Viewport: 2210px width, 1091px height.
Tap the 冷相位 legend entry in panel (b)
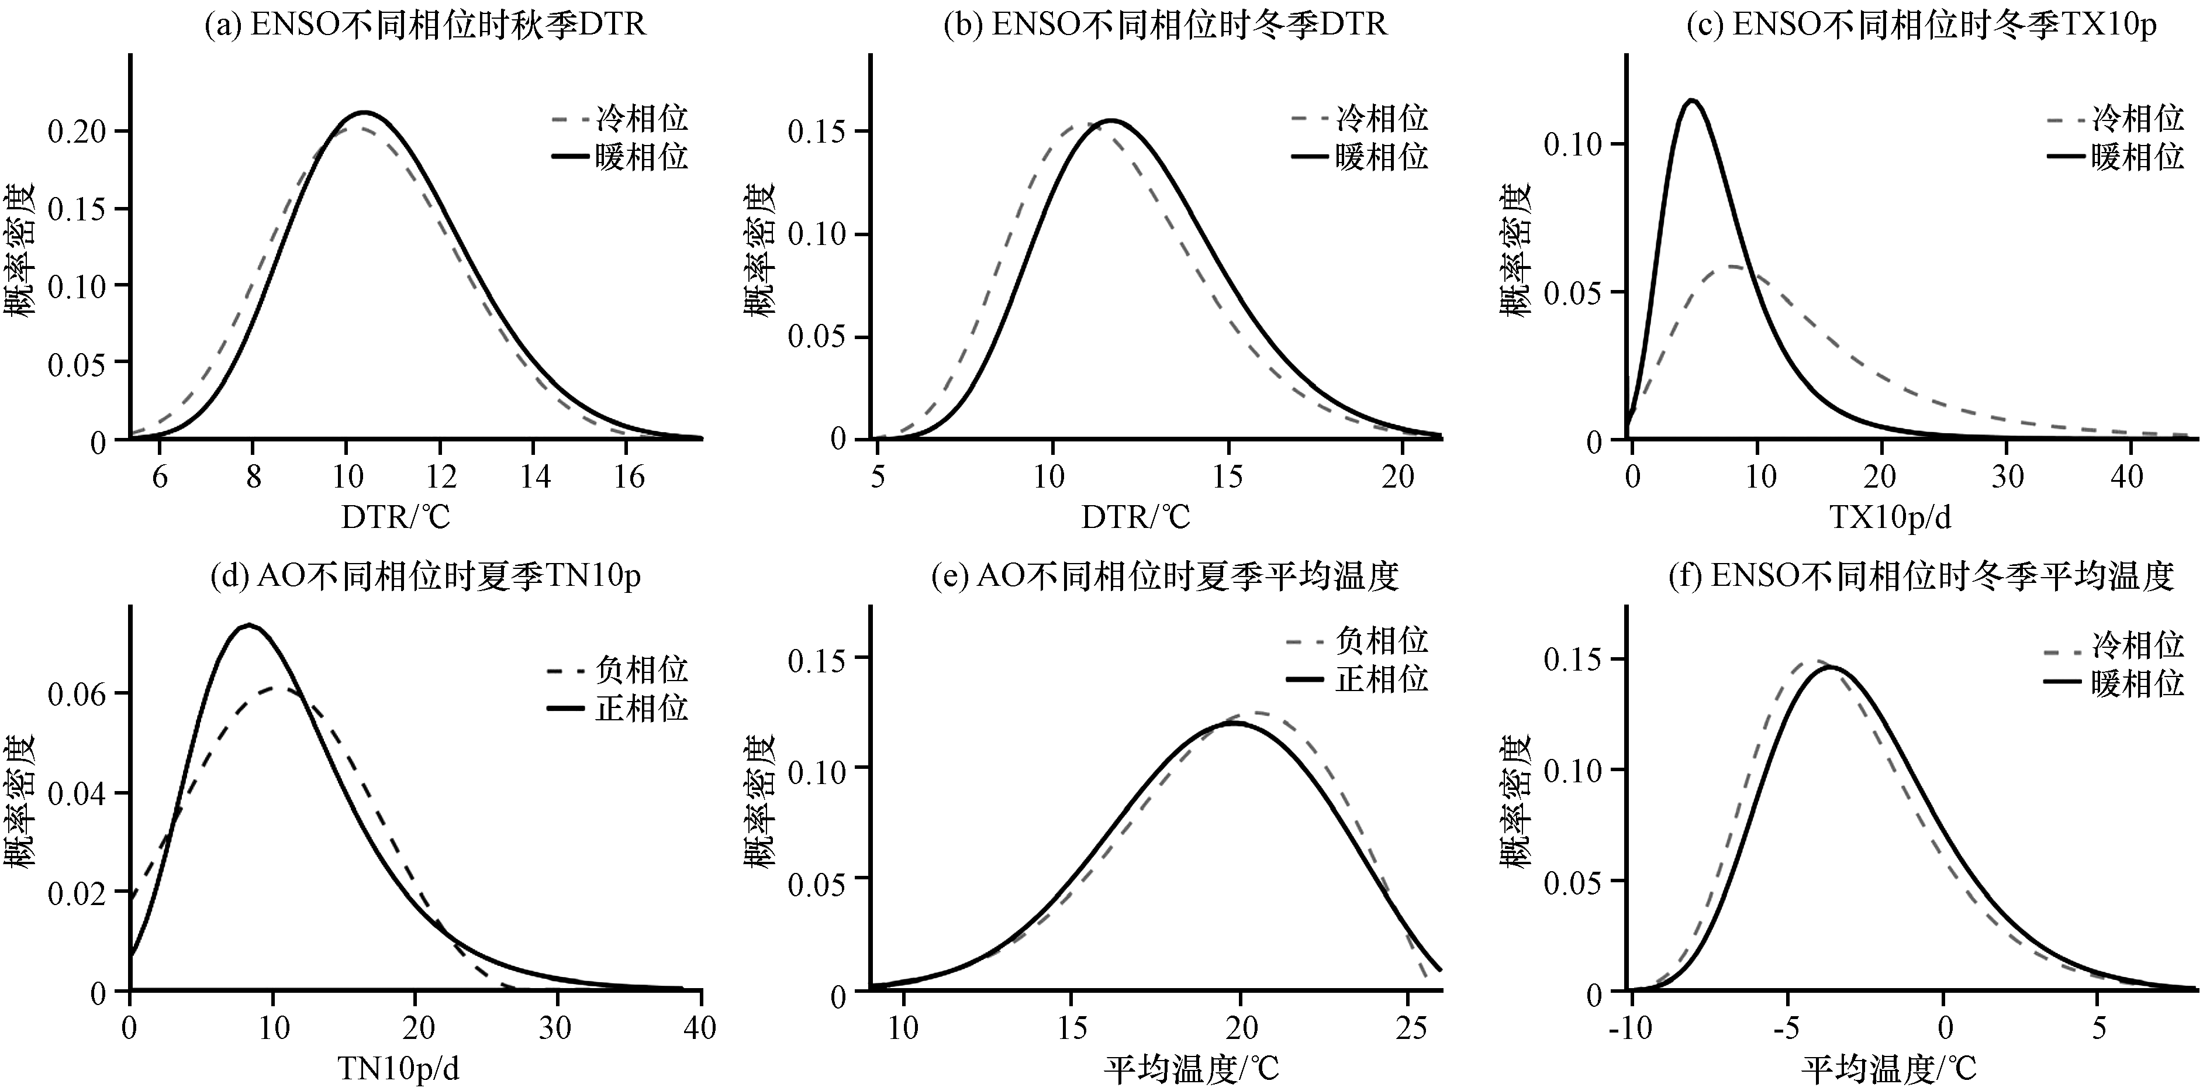1360,118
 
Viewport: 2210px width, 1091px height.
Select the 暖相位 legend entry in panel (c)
2116,157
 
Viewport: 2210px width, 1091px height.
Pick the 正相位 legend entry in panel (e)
1358,679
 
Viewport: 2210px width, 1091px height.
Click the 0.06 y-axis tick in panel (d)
77,694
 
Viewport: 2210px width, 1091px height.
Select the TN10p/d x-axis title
398,1069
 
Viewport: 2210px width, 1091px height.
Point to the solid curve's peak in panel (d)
249,625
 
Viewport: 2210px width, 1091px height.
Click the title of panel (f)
1921,575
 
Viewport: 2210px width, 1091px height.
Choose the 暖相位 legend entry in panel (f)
2116,683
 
